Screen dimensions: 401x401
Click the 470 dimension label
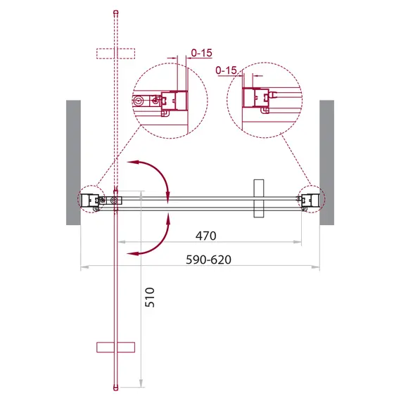(x=205, y=236)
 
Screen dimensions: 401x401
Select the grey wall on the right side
(x=326, y=162)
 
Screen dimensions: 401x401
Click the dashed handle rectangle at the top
(x=115, y=53)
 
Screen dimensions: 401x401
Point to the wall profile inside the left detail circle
(x=172, y=101)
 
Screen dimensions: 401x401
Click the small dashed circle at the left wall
(x=90, y=200)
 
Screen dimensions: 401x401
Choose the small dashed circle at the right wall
(x=310, y=200)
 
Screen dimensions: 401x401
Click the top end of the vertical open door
(x=115, y=13)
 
